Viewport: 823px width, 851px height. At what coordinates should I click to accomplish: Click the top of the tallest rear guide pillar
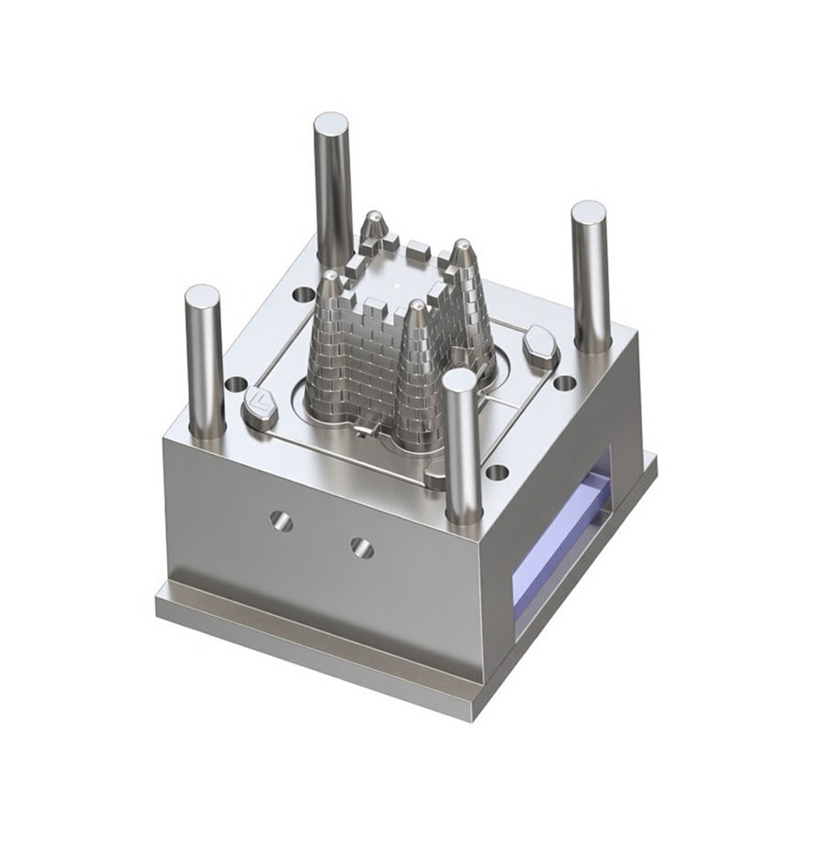click(330, 123)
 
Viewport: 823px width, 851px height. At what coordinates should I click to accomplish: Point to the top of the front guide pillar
click(460, 380)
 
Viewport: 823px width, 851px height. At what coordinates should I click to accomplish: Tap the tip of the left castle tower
click(328, 275)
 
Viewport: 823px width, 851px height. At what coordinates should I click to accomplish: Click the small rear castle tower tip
click(374, 216)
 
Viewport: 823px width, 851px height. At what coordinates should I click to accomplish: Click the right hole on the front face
click(362, 547)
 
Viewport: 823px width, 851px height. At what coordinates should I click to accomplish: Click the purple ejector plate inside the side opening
click(558, 558)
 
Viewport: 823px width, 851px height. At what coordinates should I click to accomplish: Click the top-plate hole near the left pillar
click(236, 384)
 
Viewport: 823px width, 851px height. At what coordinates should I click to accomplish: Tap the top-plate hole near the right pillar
click(565, 383)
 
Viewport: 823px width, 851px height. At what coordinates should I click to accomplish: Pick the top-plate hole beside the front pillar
click(497, 473)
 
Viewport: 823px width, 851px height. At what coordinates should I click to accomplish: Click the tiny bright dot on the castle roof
click(399, 285)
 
